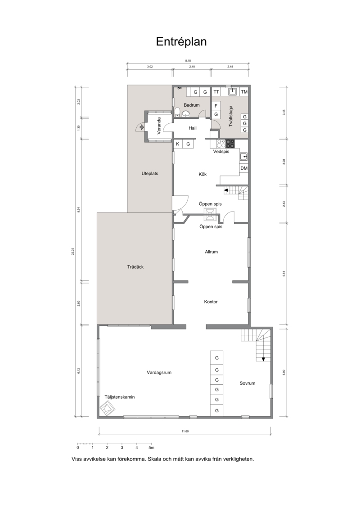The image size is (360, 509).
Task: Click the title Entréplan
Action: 181,41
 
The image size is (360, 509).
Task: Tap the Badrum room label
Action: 192,105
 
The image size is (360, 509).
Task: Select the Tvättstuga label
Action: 231,116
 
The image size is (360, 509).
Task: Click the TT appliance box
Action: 216,92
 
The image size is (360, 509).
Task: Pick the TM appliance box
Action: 244,92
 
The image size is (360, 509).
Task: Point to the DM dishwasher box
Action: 244,168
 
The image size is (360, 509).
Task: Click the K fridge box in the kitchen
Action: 178,144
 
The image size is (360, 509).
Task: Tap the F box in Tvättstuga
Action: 216,106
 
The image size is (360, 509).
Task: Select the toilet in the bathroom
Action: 177,113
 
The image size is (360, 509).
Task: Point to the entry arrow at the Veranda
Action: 140,127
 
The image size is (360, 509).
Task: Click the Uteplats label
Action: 150,173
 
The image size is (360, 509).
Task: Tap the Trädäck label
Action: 135,267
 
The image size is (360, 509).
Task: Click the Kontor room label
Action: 211,302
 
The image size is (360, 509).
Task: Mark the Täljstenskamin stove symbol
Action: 107,408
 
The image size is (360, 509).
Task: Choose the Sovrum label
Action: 247,383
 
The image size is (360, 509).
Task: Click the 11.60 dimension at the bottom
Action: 185,432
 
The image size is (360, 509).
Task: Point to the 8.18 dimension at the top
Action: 188,60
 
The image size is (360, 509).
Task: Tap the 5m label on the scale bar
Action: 151,448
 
